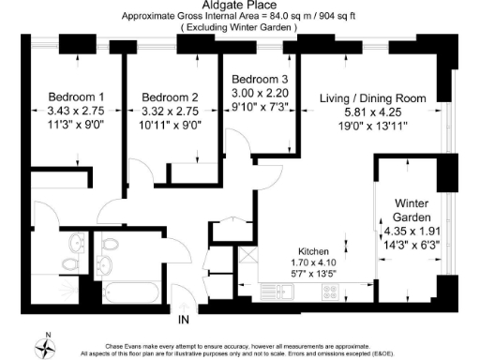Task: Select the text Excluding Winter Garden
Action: [239, 28]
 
